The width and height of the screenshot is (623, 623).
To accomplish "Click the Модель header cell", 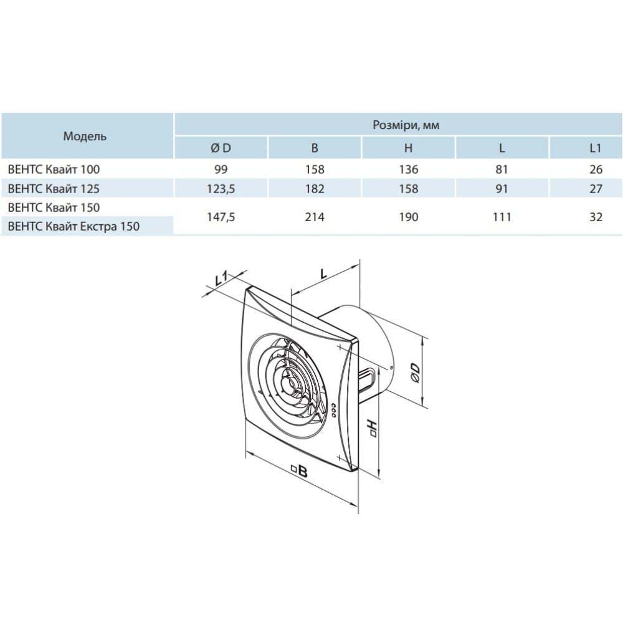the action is (85, 136).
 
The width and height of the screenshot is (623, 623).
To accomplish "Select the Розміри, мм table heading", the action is (406, 125).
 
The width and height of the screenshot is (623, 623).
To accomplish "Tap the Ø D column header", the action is (221, 148).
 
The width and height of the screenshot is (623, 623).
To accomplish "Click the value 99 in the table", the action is (221, 169).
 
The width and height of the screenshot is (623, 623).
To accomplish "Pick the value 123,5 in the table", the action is (221, 188).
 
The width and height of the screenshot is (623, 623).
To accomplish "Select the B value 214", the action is (315, 217).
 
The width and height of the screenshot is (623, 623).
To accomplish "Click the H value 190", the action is (409, 217).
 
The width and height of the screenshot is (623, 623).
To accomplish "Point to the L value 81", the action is (502, 169).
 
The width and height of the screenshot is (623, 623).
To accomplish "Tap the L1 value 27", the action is (596, 188).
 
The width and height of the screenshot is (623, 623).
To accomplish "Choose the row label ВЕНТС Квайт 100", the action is (54, 169).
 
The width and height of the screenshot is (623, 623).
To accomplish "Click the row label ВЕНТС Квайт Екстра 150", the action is (74, 227).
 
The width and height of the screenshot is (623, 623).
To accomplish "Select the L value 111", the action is (502, 217).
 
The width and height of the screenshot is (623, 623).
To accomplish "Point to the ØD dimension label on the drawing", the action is (414, 373).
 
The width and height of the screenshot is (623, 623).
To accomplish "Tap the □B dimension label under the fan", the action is (300, 471).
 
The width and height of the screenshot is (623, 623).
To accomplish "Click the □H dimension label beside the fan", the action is (373, 427).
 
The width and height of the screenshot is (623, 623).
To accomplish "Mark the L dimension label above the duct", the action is (324, 273).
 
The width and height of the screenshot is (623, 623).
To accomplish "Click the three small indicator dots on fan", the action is (333, 411).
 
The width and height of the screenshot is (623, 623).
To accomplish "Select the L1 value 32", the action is (596, 217).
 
